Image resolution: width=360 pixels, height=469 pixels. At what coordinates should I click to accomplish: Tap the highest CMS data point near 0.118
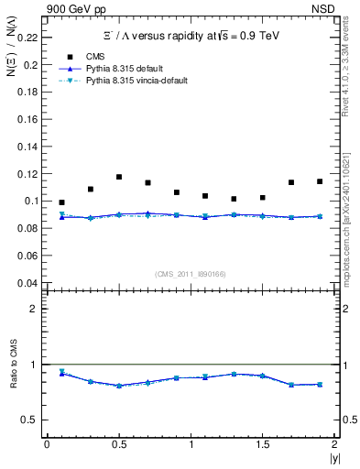tap(119, 177)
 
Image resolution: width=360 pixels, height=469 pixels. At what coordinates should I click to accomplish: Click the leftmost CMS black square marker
tap(61, 202)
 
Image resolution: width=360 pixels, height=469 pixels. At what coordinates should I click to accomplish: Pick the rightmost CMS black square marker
tap(320, 181)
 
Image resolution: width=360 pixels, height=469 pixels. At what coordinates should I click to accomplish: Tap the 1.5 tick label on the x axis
tap(263, 444)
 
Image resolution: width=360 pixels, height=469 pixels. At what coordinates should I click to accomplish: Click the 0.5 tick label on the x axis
tap(119, 444)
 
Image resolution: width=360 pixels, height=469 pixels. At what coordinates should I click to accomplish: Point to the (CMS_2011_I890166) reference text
tap(191, 273)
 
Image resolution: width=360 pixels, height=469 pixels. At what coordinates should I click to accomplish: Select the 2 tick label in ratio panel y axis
tap(34, 309)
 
